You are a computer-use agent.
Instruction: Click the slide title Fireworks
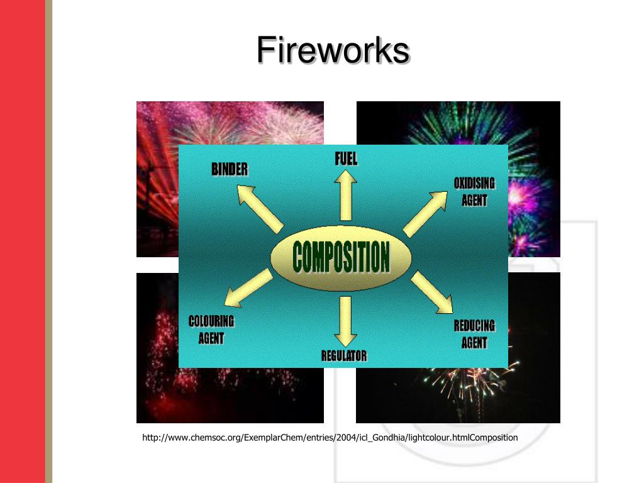[x=333, y=50]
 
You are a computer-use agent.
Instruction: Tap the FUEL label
[x=346, y=158]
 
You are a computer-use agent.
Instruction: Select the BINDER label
[x=230, y=169]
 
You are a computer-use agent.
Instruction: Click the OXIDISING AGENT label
[x=474, y=192]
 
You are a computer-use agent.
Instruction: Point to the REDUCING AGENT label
[x=474, y=334]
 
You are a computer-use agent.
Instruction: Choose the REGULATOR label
[x=344, y=355]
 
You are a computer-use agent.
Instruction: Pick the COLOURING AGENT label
[x=211, y=330]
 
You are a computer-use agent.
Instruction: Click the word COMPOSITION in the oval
[x=341, y=257]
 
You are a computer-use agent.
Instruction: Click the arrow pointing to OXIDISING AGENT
[x=426, y=213]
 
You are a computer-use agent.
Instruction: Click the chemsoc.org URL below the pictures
[x=330, y=438]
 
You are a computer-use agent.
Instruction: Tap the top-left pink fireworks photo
[x=157, y=126]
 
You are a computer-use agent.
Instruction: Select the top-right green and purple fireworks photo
[x=535, y=126]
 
